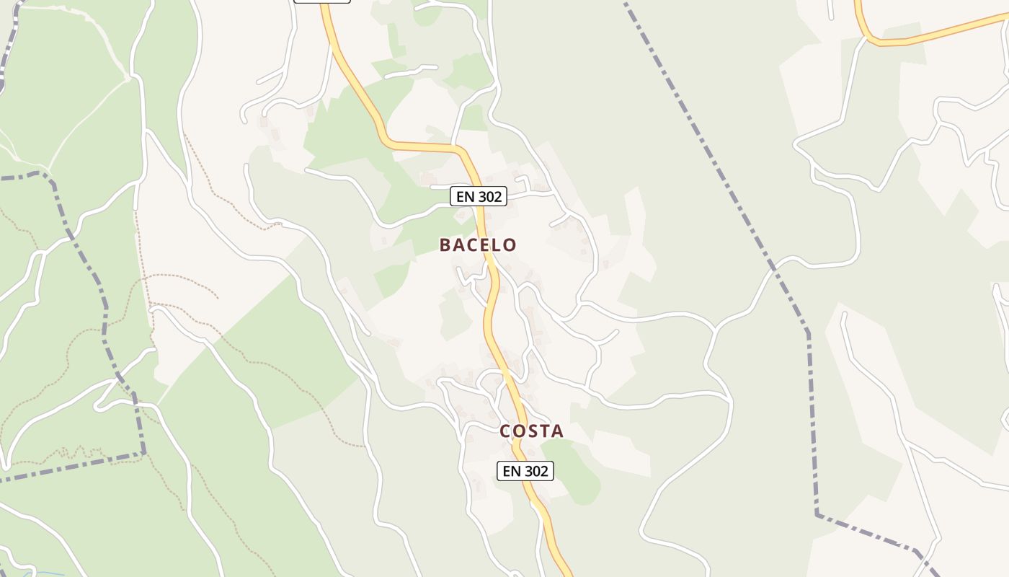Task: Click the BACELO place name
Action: point(478,245)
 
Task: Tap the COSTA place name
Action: point(532,431)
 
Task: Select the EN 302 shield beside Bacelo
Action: point(479,195)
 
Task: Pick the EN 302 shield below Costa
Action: point(525,471)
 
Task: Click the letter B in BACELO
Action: point(445,245)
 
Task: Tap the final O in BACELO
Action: point(510,245)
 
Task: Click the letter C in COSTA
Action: point(505,431)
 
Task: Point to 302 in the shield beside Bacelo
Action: point(489,195)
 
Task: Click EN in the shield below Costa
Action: point(511,471)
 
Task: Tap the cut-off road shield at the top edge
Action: point(322,1)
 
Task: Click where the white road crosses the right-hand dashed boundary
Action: point(772,268)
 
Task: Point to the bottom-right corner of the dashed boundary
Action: point(817,514)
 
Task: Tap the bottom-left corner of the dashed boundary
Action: point(144,453)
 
